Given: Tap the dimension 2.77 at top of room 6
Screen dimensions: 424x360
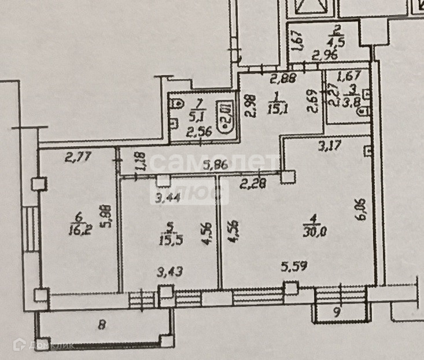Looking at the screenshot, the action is coord(75,155).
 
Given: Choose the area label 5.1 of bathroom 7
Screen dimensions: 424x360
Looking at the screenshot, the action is coord(200,116).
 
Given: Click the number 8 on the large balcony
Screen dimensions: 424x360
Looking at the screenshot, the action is coord(102,325).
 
